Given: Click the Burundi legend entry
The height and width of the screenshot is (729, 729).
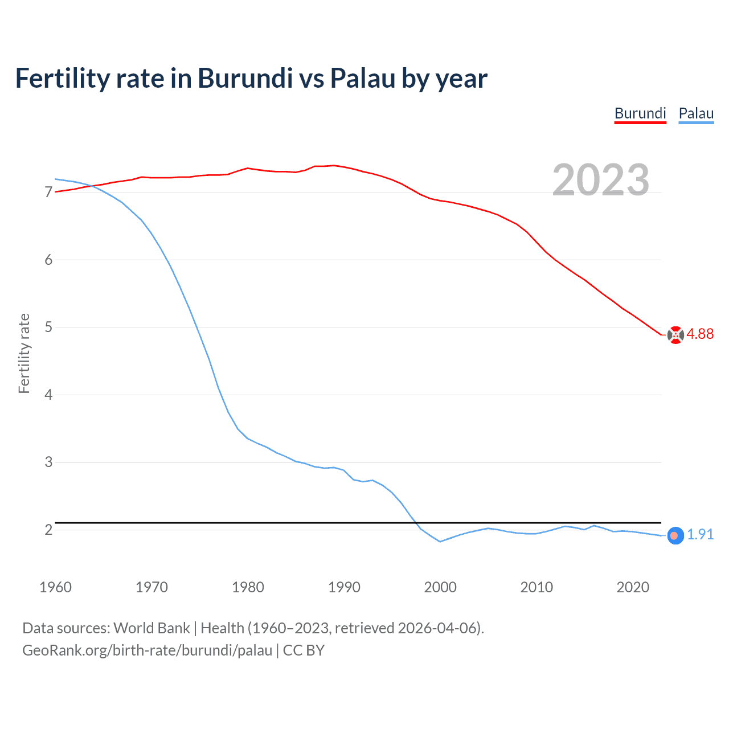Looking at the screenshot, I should point(640,113).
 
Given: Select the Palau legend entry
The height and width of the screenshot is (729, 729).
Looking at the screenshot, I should point(696,113).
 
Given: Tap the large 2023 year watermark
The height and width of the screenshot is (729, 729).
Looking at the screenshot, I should point(600,180).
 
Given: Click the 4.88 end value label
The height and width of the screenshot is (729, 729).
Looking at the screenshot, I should point(700,334).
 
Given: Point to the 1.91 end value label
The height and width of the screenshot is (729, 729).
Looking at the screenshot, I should point(700,535).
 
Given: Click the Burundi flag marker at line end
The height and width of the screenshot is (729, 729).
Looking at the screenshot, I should point(675,335).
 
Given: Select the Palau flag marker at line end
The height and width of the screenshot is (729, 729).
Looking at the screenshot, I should point(675,536).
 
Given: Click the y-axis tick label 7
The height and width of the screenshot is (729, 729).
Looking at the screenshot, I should point(48,193).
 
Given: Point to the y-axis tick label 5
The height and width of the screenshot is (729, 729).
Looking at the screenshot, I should point(48,327).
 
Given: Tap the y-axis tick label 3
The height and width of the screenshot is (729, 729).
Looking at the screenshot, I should point(48,462).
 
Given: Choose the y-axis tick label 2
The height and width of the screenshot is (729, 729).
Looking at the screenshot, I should point(48,530).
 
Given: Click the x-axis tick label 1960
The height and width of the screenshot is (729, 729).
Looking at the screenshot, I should point(55,587).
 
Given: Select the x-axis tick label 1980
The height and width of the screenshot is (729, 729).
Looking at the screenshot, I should point(248,587).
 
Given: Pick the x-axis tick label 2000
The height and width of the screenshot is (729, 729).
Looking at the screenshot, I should point(440,587).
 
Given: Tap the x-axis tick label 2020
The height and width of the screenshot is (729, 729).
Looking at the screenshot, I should point(633,587).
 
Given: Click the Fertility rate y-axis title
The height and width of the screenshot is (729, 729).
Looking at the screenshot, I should point(24,353).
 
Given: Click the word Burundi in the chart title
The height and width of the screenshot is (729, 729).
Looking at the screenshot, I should point(245,79).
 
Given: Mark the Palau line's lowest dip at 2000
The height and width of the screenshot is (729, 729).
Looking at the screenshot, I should point(440,542).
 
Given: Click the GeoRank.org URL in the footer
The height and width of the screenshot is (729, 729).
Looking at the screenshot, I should point(147,650).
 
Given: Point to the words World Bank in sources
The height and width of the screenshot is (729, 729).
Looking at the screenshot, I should point(151,628).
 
